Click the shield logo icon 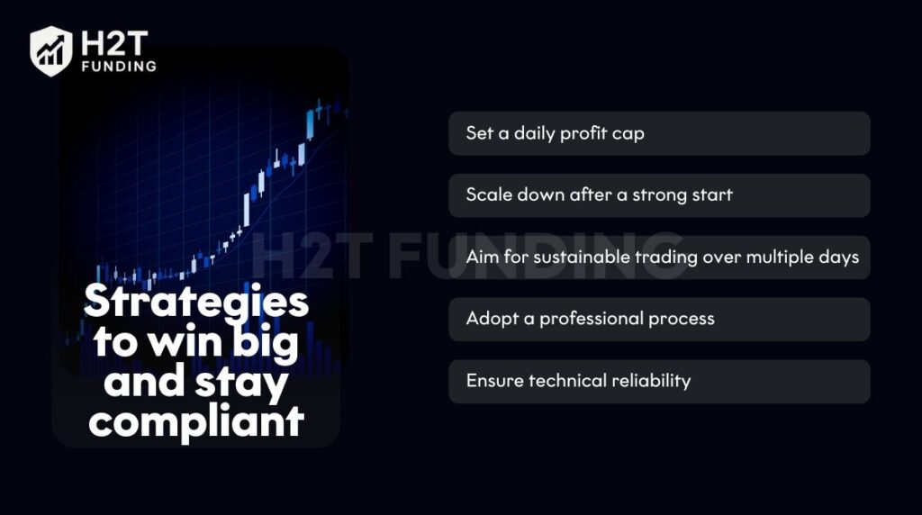tap(50, 51)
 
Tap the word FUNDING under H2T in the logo tap(118, 66)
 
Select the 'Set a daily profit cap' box tap(659, 133)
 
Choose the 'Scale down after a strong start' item tap(659, 195)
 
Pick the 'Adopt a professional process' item tap(659, 320)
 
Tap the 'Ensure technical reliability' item tap(659, 381)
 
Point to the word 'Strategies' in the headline tap(196, 302)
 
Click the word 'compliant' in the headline tap(196, 420)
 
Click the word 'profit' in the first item tap(583, 133)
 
